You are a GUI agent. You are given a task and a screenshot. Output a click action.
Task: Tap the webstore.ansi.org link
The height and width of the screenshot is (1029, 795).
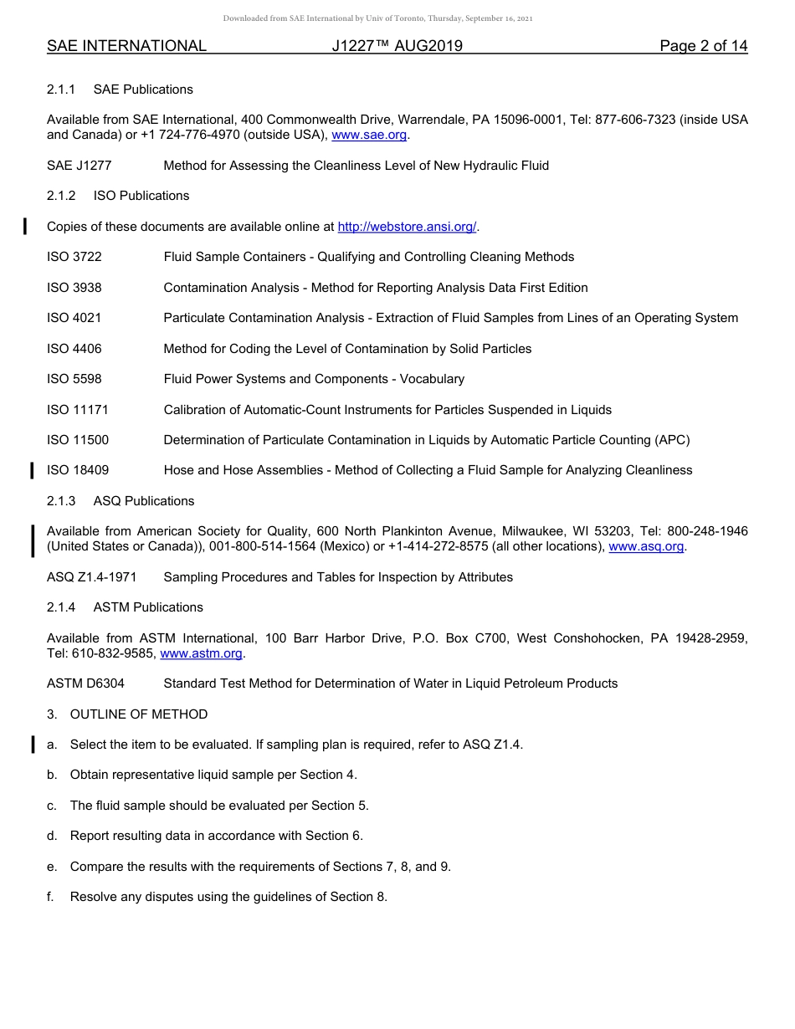[x=407, y=227]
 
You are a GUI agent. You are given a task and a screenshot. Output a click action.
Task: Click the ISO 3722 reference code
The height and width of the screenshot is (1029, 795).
[x=74, y=257]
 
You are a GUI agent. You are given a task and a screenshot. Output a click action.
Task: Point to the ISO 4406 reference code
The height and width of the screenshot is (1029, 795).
[x=74, y=349]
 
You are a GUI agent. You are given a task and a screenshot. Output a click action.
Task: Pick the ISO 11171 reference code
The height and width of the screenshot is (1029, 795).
[x=78, y=410]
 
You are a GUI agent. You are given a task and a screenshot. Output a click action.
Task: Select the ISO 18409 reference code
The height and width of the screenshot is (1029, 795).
[x=78, y=470]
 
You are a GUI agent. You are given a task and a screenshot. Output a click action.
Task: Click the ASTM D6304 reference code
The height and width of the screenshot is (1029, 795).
[x=85, y=683]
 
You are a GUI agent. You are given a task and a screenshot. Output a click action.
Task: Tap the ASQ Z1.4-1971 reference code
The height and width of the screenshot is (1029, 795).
[x=92, y=577]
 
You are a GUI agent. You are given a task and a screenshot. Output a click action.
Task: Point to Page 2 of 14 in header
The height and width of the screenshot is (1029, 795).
[x=703, y=47]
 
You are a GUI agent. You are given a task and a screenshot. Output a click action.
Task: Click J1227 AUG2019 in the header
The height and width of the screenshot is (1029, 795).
[x=397, y=47]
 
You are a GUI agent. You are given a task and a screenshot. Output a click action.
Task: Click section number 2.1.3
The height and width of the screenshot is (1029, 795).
[x=61, y=501]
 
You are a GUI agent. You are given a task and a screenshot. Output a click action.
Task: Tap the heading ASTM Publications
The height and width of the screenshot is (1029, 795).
[x=148, y=607]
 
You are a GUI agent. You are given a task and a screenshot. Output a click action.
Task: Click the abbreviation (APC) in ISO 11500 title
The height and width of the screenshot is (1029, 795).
[x=671, y=440]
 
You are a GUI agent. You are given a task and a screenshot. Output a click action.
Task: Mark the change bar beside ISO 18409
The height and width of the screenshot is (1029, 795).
[x=32, y=470]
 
